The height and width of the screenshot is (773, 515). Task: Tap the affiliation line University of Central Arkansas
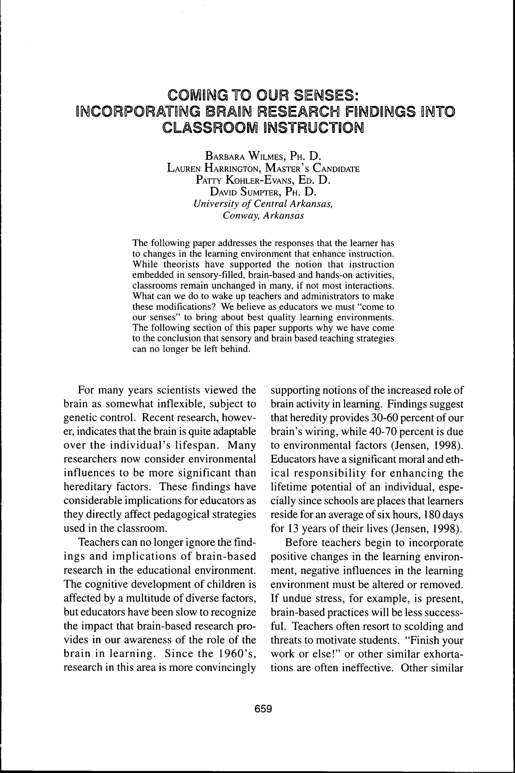[264, 204]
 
